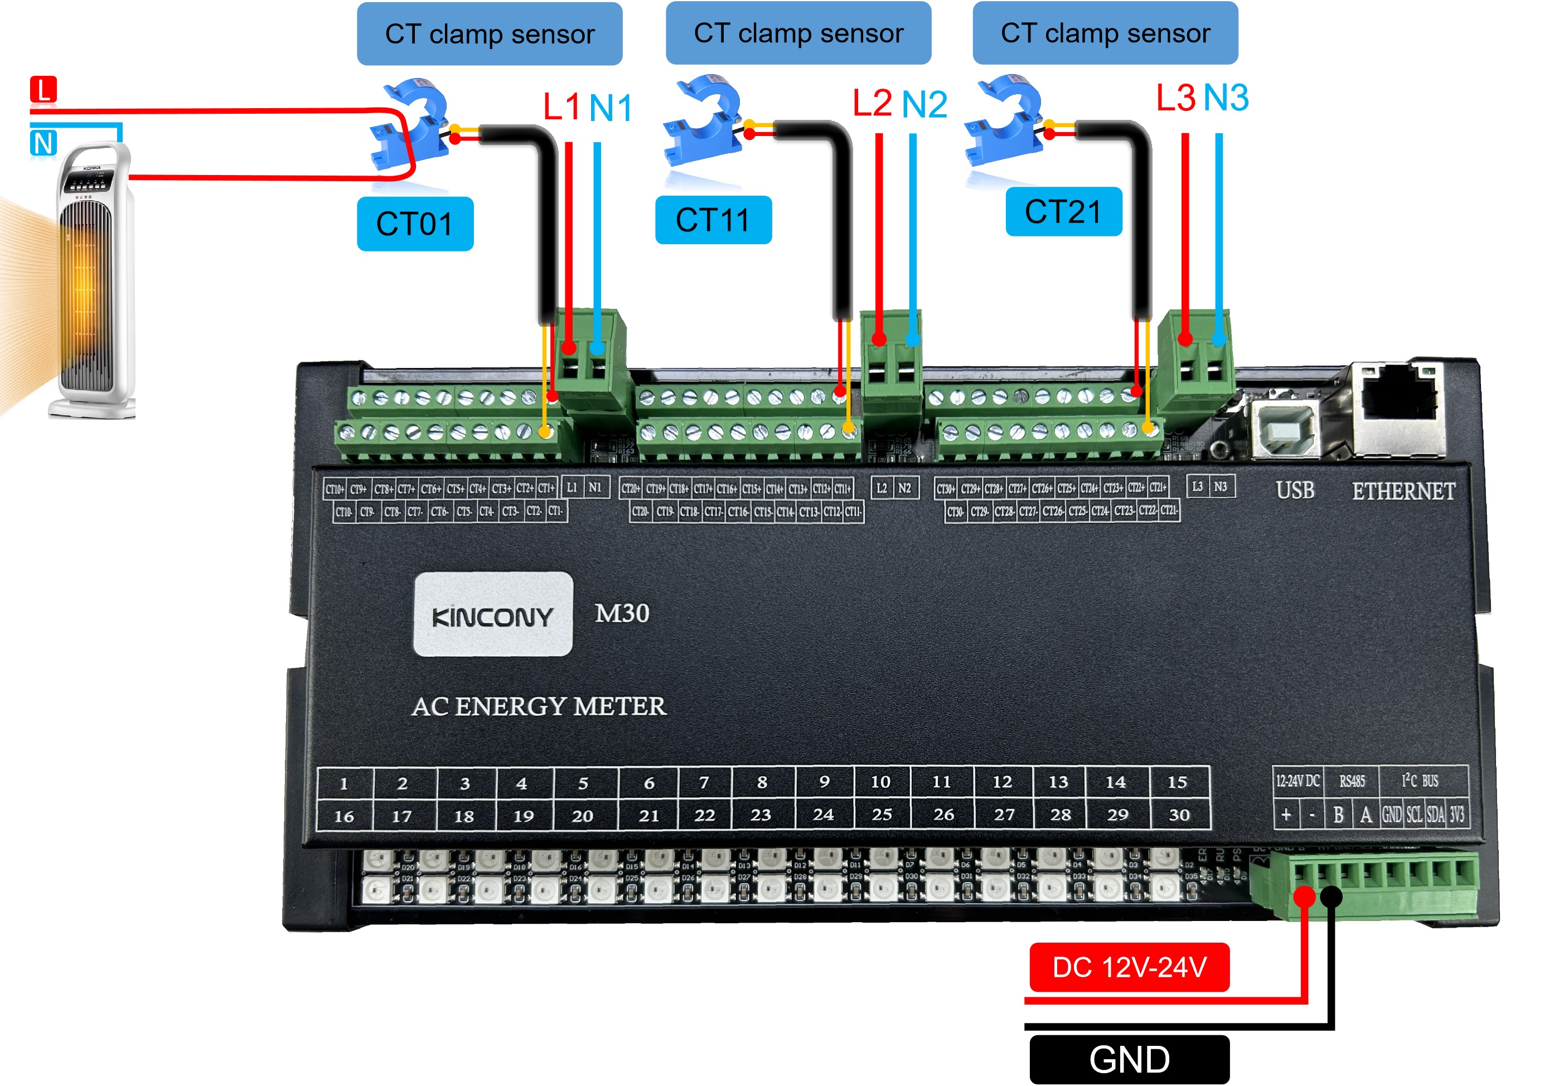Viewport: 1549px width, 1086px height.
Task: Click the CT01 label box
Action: pyautogui.click(x=414, y=224)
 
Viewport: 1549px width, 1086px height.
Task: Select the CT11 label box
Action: pyautogui.click(x=713, y=220)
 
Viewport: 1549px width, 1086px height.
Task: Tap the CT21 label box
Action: pyautogui.click(x=1063, y=212)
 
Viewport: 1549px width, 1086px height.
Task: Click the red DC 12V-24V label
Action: pyautogui.click(x=1129, y=967)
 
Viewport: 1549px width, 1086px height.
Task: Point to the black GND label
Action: pyautogui.click(x=1129, y=1059)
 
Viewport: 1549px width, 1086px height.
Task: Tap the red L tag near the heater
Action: pyautogui.click(x=43, y=89)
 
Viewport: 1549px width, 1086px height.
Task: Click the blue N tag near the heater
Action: pyautogui.click(x=43, y=143)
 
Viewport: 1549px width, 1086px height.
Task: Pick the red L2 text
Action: pyautogui.click(x=872, y=103)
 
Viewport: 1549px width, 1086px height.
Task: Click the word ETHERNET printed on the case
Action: pyautogui.click(x=1403, y=491)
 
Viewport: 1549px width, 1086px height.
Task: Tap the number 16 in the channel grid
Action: pyautogui.click(x=344, y=816)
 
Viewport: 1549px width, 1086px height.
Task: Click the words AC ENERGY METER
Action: pyautogui.click(x=539, y=706)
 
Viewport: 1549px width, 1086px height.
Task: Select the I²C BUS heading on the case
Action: pyautogui.click(x=1420, y=780)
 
